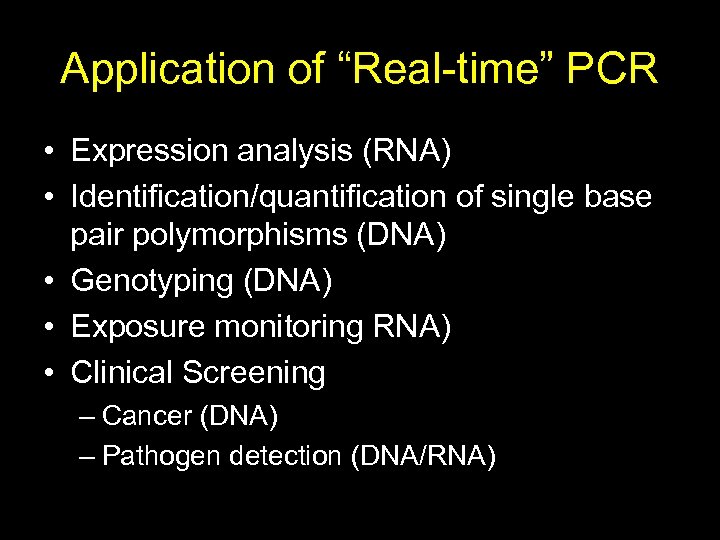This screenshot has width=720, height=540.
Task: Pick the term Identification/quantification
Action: pos(259,197)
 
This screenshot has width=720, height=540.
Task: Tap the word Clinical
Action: pos(121,372)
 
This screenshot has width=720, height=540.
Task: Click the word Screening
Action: pos(254,372)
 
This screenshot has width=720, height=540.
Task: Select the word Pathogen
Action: pos(162,457)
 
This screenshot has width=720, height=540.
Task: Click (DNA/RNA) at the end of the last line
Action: pos(423,457)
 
